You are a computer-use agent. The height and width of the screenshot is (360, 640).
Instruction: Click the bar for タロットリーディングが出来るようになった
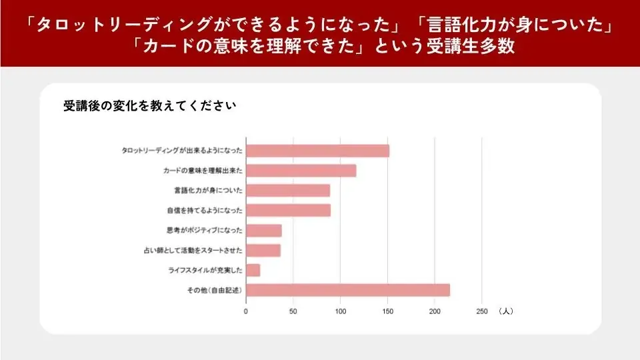[317, 151]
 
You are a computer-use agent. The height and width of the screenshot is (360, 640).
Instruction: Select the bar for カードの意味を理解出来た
[301, 171]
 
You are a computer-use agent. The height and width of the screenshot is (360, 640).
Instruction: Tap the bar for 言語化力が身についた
[288, 191]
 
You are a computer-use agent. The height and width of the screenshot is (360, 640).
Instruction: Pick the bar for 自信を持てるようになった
[288, 211]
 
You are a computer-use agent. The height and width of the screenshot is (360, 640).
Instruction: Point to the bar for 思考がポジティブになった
[264, 231]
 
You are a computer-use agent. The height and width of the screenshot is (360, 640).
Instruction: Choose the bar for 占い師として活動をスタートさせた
[263, 251]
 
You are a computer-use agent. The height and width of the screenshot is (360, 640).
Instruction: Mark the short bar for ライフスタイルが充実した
[253, 270]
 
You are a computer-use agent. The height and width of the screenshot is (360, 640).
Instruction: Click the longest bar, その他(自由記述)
[348, 290]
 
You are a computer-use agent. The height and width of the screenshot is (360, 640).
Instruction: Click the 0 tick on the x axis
[246, 311]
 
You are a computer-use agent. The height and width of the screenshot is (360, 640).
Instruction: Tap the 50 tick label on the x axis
[293, 311]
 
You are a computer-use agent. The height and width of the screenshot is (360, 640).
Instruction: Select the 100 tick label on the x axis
[341, 311]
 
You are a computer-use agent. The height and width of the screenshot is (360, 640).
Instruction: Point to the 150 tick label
[388, 311]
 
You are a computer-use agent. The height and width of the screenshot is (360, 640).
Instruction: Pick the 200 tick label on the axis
[435, 311]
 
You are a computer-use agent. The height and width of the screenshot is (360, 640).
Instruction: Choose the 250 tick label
[482, 311]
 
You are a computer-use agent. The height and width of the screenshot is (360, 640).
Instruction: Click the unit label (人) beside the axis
[505, 311]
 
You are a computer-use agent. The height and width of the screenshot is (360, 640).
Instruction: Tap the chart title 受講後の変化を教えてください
[149, 106]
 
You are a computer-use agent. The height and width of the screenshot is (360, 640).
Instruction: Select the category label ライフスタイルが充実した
[205, 271]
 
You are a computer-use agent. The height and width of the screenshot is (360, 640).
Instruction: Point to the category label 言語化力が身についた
[208, 191]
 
